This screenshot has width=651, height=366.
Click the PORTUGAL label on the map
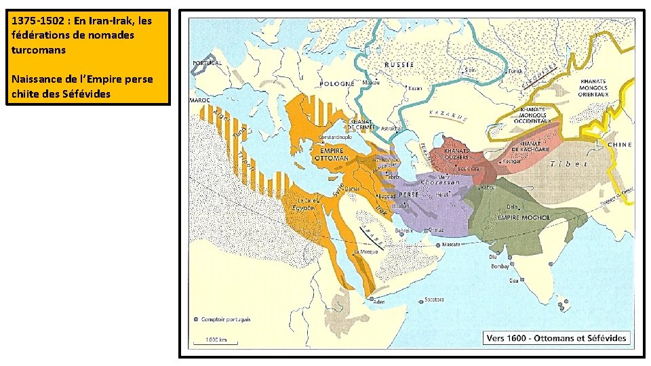point(208,63)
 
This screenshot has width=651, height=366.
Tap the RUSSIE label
point(399,64)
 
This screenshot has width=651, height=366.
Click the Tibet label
point(569,163)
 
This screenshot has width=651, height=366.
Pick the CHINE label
point(620,144)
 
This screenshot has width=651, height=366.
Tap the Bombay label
point(500,266)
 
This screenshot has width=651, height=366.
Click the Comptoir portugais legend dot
point(196,320)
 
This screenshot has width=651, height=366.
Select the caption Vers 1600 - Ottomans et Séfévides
point(556,338)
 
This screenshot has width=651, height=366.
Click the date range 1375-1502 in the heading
point(40,21)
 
